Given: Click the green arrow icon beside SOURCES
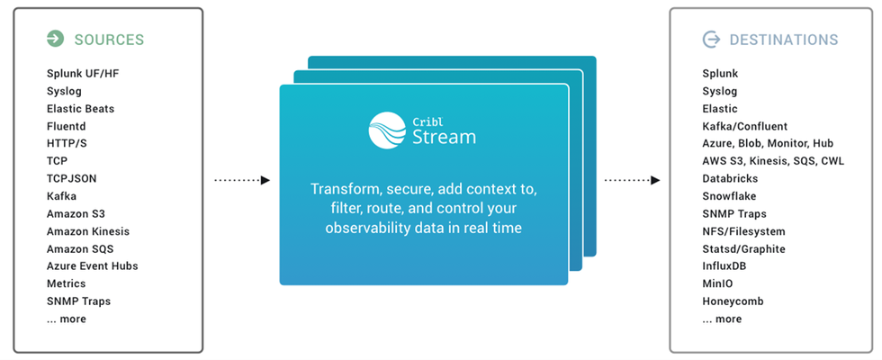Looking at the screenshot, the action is tap(55, 40).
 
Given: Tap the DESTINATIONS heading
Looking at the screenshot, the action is tap(784, 40).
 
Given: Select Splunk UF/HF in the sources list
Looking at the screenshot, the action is tap(83, 74).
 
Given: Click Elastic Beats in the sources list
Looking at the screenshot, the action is tap(80, 109).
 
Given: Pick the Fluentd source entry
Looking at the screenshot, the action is tap(67, 127).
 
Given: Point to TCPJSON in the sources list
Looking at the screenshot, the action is tap(71, 178).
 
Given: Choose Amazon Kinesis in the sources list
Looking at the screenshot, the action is tap(88, 231).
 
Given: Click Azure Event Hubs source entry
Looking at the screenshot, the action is tap(92, 266).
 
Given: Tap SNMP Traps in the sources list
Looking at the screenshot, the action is tap(79, 301).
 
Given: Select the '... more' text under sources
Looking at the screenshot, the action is tap(67, 319).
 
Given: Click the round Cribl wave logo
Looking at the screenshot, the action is tap(387, 130).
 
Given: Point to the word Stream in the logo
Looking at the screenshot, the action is tap(445, 137).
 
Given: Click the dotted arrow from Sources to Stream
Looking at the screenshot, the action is tap(242, 181).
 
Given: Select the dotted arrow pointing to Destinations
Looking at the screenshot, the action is tap(632, 181).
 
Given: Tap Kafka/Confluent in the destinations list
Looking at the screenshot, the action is tap(745, 127).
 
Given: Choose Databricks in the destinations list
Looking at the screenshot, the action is tap(730, 178).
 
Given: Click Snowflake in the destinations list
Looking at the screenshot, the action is tap(729, 196).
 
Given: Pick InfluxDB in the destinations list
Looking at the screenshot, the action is tap(724, 266).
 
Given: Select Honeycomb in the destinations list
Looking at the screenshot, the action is tap(733, 301).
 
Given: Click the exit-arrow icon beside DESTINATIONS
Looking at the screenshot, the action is tap(711, 40).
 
